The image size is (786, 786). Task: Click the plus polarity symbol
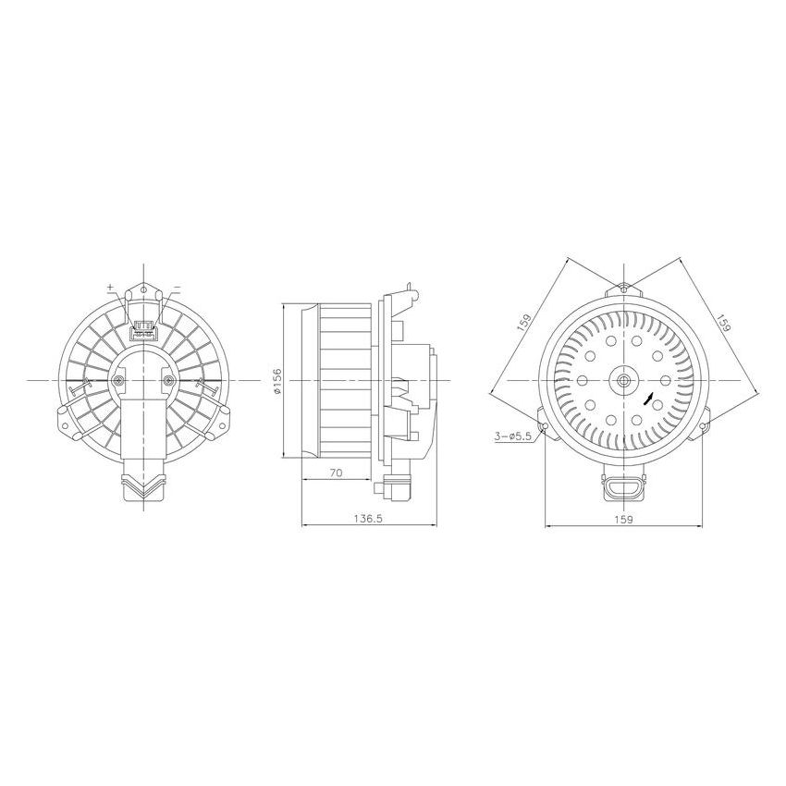click(x=111, y=288)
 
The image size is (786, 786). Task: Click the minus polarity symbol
click(x=177, y=287)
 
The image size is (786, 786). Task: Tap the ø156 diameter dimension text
click(x=276, y=380)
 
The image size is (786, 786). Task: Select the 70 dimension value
click(x=337, y=473)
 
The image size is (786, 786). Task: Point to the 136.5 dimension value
click(x=367, y=520)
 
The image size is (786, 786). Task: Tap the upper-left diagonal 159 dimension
click(x=523, y=325)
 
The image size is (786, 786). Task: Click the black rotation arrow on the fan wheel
click(x=650, y=399)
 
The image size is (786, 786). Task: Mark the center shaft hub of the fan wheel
click(x=623, y=380)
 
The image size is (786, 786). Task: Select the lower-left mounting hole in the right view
click(x=546, y=426)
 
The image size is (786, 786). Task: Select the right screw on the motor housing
click(x=167, y=380)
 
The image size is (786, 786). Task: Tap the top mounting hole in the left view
click(x=143, y=292)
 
